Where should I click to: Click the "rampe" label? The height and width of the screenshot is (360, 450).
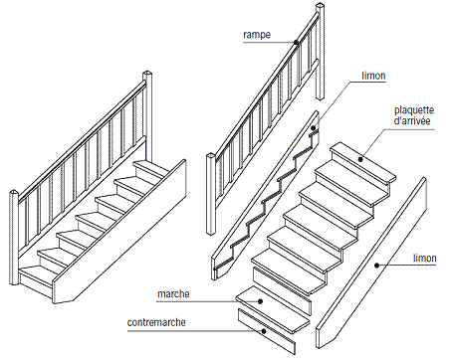click(x=257, y=35)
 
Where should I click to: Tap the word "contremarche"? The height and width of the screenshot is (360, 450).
click(x=156, y=322)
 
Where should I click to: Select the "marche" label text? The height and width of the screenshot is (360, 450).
click(x=173, y=294)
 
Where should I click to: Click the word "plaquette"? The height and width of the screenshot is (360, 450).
click(x=414, y=110)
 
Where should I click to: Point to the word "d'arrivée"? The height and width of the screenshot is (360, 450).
click(x=412, y=120)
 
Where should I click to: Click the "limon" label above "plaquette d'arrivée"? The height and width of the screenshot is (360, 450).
click(x=373, y=76)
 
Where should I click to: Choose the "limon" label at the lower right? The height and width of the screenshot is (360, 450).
click(x=425, y=259)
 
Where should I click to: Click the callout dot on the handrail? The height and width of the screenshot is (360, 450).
click(x=296, y=42)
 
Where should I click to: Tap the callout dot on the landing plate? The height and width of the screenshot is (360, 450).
click(x=360, y=159)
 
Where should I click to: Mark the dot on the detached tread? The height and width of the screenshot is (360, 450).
click(x=261, y=301)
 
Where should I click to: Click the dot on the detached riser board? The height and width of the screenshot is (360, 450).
click(x=264, y=331)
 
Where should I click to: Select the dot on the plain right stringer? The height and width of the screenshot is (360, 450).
click(x=376, y=265)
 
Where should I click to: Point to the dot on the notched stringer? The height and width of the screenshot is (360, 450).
click(x=314, y=127)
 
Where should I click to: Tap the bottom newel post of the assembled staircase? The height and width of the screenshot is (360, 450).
click(x=13, y=237)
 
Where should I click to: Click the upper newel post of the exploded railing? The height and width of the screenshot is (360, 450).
click(x=320, y=52)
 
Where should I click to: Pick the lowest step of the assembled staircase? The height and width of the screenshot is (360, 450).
click(x=37, y=276)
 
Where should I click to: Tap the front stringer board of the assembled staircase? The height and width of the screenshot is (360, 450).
click(x=119, y=232)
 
